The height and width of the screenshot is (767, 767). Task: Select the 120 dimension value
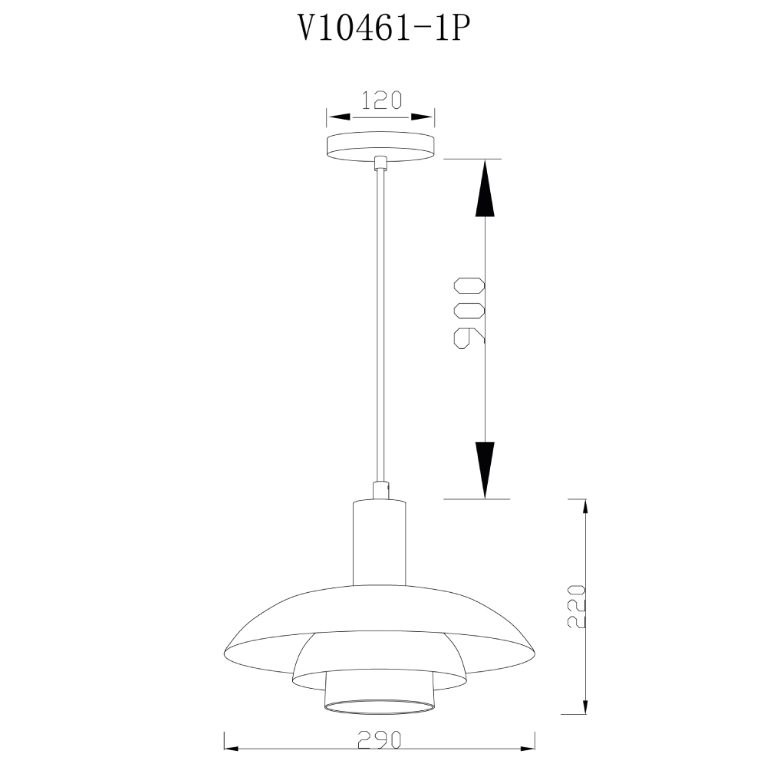[381, 100]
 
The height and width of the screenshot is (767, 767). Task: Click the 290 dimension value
[380, 740]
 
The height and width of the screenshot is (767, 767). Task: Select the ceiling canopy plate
[380, 146]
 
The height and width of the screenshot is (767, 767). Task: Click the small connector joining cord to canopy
[380, 163]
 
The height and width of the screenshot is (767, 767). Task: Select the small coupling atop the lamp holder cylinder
[380, 490]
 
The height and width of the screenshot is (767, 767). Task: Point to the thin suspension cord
[380, 322]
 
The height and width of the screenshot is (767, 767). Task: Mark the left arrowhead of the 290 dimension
[233, 749]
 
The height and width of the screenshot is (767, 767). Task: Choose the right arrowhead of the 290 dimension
[525, 749]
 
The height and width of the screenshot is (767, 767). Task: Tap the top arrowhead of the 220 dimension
[585, 509]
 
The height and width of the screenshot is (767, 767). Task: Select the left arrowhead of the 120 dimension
[338, 117]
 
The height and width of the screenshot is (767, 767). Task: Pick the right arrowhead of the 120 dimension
[423, 117]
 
